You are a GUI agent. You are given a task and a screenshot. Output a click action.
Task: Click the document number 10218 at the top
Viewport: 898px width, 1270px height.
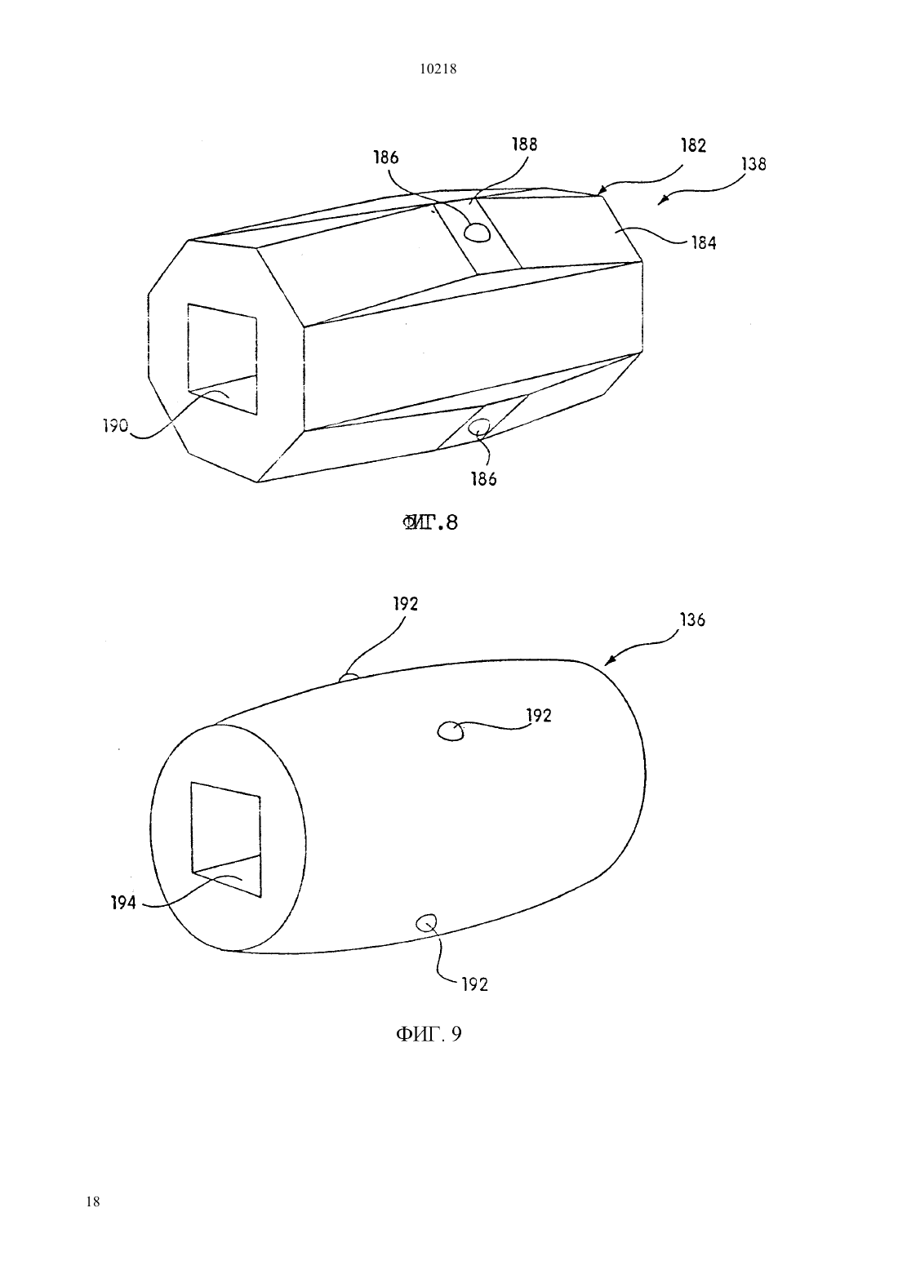coord(438,69)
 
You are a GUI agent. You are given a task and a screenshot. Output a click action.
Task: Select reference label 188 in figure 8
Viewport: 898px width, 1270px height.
coord(524,144)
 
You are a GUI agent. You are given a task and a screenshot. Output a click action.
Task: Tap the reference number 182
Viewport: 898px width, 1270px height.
coord(693,146)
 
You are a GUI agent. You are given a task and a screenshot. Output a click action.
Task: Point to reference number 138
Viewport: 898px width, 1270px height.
coord(754,164)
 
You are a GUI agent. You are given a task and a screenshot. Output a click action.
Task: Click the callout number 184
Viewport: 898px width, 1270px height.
coord(704,243)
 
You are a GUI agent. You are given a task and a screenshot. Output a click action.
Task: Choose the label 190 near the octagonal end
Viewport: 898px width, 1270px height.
coord(116,425)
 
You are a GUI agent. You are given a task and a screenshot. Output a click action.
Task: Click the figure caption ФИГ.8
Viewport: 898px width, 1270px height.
coord(430,522)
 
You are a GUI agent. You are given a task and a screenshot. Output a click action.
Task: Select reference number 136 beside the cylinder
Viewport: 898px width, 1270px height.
coord(693,619)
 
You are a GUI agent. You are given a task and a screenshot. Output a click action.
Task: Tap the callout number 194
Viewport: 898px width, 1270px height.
coord(123,904)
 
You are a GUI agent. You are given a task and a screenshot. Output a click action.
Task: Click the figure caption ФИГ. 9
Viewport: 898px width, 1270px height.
coord(429,1034)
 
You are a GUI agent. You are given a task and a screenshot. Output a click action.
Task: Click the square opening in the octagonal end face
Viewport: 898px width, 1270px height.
coord(222,359)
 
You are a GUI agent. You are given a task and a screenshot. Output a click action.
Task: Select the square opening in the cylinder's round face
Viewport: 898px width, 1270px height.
coord(225,840)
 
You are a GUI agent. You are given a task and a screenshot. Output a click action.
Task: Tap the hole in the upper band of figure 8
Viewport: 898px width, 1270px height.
coord(477,232)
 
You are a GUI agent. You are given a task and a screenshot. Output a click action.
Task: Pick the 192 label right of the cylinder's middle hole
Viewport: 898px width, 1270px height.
coord(539,716)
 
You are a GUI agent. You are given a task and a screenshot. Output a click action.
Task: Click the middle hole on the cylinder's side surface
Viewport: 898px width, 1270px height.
coord(451,731)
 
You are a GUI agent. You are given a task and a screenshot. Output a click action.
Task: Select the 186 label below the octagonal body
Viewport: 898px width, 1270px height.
coord(483,479)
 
